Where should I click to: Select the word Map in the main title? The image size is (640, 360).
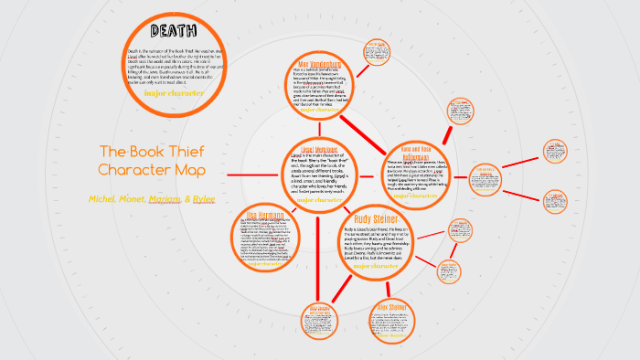pyautogui.click(x=187, y=171)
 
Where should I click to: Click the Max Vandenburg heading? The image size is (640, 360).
pyautogui.click(x=317, y=63)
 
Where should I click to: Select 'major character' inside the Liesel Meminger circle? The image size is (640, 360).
pyautogui.click(x=315, y=200)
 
